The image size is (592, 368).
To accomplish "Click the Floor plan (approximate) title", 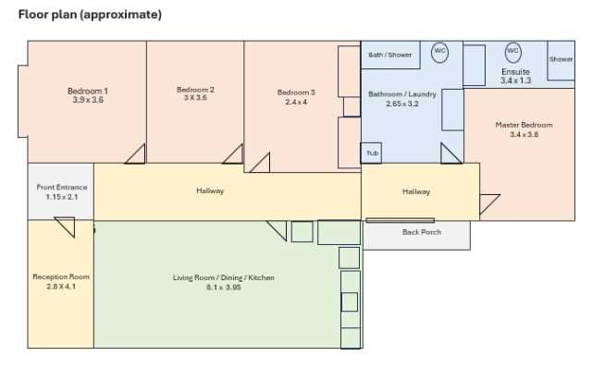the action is [x=90, y=15].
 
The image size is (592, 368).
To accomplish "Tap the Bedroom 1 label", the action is [x=88, y=91].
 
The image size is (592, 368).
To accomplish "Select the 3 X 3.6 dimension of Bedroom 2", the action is [x=195, y=98].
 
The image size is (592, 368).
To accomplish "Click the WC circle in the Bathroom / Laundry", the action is [x=440, y=52].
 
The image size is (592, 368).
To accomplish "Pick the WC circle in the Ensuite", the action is [x=512, y=52].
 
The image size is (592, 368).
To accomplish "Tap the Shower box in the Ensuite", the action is [x=561, y=60].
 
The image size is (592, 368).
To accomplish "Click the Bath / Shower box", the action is [x=390, y=55].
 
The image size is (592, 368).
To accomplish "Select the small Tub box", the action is [x=372, y=153].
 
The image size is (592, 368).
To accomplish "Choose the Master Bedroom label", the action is [x=524, y=125].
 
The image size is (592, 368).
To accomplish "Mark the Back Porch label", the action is [x=422, y=232].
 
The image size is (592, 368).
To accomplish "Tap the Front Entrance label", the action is [x=62, y=187].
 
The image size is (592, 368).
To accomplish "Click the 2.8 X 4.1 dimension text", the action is [x=61, y=287].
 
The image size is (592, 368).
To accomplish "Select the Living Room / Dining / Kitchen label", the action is [x=224, y=277].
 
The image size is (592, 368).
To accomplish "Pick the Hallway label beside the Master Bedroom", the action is [x=416, y=191].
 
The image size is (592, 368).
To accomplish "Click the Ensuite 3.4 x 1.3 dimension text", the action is [x=516, y=80].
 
